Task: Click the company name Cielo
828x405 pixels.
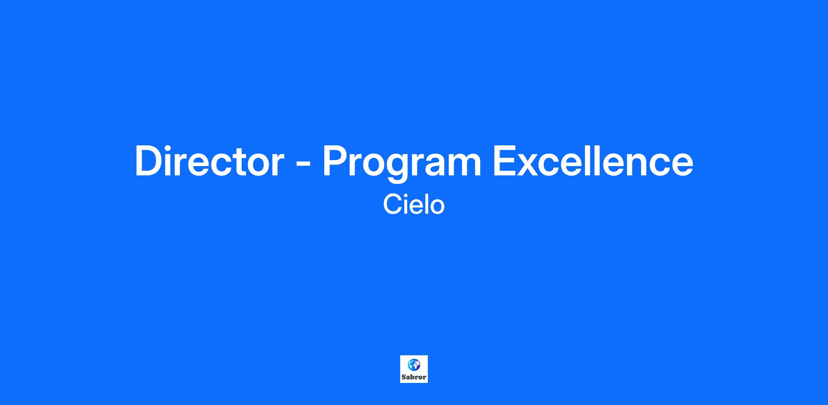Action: coord(414,205)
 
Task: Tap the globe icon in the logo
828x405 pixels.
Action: coord(414,365)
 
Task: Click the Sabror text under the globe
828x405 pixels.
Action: coord(414,377)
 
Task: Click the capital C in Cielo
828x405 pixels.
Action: coord(392,205)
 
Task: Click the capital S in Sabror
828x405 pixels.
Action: coord(404,377)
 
